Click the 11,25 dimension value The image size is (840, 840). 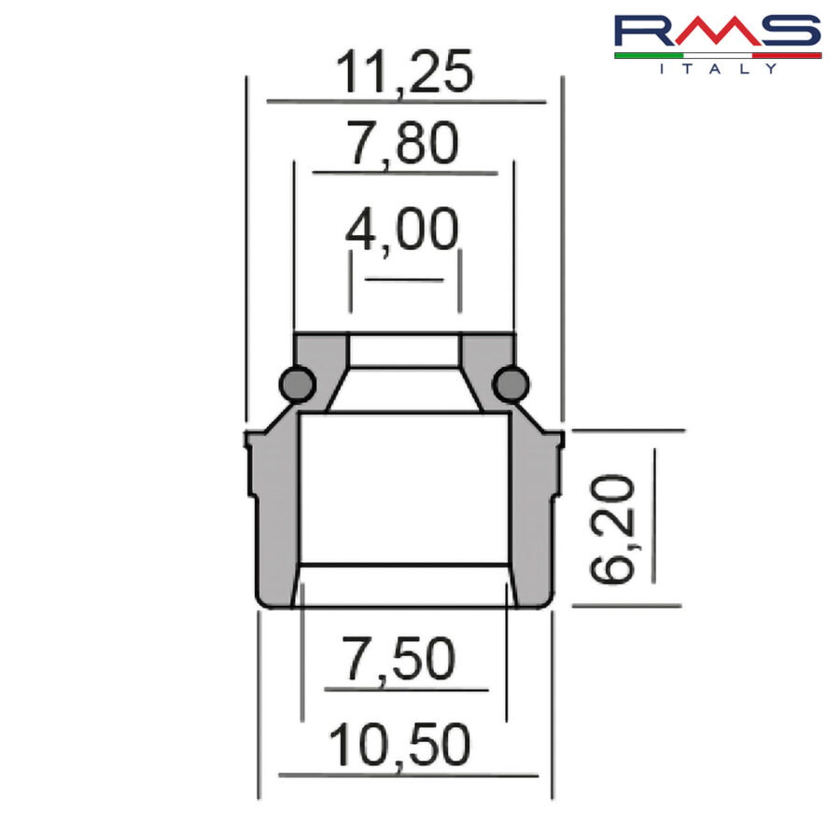pos(404,74)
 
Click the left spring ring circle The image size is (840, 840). pos(296,383)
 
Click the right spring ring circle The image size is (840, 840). pos(511,383)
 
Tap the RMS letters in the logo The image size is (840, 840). pos(717,32)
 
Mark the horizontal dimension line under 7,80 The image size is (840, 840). pos(404,173)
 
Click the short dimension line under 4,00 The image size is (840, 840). pos(403,279)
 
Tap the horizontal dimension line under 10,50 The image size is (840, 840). pos(407,775)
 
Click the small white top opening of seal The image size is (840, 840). pos(403,350)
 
